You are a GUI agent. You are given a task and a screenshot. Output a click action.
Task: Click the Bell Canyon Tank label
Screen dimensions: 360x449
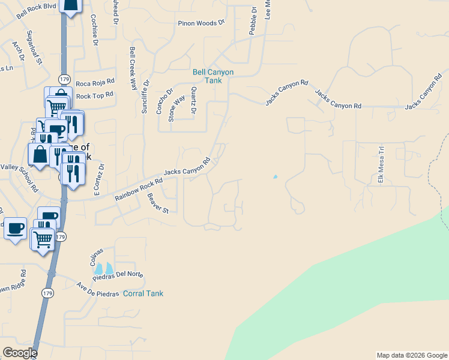pyautogui.click(x=212, y=76)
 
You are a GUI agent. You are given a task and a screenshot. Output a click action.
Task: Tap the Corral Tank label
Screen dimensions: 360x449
pyautogui.click(x=143, y=293)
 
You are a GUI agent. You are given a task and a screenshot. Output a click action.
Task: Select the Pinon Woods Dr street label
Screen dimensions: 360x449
pyautogui.click(x=200, y=23)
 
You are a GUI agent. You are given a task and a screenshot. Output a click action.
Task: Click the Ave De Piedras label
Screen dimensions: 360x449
pyautogui.click(x=98, y=289)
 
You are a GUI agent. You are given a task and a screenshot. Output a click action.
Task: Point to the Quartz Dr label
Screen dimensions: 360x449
pyautogui.click(x=193, y=100)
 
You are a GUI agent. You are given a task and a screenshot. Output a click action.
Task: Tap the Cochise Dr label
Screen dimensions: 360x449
pyautogui.click(x=94, y=30)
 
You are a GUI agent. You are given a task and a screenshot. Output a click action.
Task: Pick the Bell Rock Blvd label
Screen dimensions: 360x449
pyautogui.click(x=37, y=11)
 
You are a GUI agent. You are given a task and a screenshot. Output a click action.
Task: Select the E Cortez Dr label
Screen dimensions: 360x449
pyautogui.click(x=98, y=180)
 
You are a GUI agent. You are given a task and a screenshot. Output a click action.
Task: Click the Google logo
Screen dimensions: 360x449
pyautogui.click(x=20, y=353)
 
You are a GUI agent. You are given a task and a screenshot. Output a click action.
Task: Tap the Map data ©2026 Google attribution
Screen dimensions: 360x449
pyautogui.click(x=412, y=355)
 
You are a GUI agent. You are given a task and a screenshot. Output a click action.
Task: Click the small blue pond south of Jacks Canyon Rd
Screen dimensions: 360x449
pyautogui.click(x=276, y=177)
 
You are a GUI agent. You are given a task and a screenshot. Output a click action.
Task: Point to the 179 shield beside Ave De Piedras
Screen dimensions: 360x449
pyautogui.click(x=48, y=293)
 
